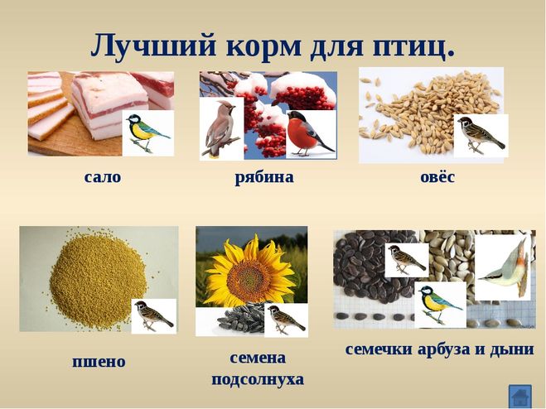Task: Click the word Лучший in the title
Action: [153, 46]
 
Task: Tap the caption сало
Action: [103, 177]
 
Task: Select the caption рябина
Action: [264, 177]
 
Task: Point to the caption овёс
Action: [437, 176]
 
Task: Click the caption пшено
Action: [99, 362]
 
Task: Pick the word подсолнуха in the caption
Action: [258, 380]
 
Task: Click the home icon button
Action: [519, 396]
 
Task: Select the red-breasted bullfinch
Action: [309, 133]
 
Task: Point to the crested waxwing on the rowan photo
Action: [220, 128]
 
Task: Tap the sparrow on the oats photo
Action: [481, 134]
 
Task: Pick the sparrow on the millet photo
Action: [153, 315]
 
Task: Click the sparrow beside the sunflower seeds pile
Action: [286, 318]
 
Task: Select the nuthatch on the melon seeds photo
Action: [505, 269]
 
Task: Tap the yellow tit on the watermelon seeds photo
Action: [440, 304]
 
